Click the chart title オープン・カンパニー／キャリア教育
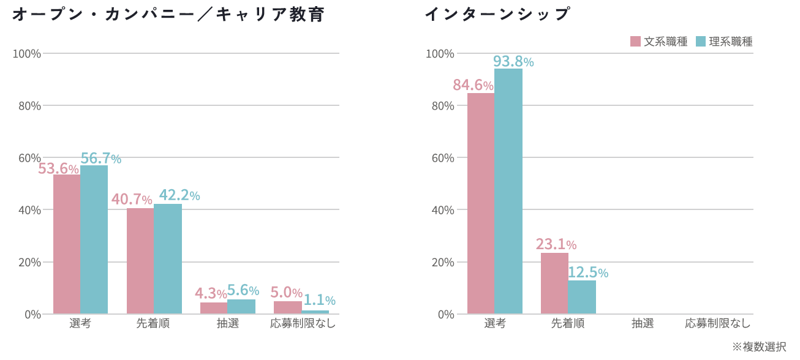pos(168,14)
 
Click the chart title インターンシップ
pos(497,14)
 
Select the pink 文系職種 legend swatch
pos(635,42)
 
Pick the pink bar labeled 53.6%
pos(67,244)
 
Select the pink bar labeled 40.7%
pos(140,261)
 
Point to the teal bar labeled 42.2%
pos(168,259)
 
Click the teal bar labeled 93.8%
pos(508,192)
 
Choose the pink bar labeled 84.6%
pos(481,203)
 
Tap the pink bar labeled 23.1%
pos(554,283)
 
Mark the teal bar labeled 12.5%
pos(582,297)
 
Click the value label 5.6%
pos(243,290)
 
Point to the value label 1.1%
pos(320,300)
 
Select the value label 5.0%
pos(287,293)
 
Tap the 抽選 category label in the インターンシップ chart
pos(643,323)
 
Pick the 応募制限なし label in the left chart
pos(303,323)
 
